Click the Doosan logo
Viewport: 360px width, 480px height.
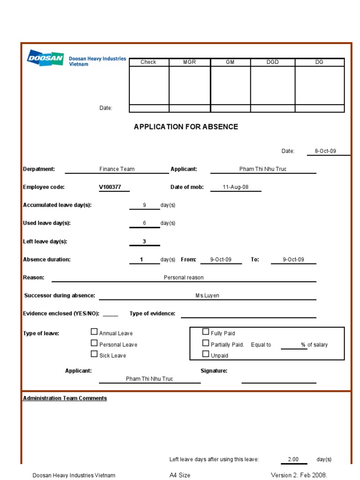pyautogui.click(x=45, y=58)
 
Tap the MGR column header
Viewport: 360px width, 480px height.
pyautogui.click(x=189, y=62)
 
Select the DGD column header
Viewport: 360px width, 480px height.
pyautogui.click(x=272, y=62)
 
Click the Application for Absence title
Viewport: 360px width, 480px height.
pyautogui.click(x=186, y=127)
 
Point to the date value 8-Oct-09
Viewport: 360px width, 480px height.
pyautogui.click(x=325, y=151)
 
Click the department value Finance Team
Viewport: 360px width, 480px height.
pyautogui.click(x=117, y=169)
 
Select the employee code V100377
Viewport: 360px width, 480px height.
pyautogui.click(x=110, y=187)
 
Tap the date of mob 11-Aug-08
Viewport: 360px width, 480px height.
pyautogui.click(x=235, y=187)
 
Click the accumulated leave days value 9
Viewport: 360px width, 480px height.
pyautogui.click(x=144, y=205)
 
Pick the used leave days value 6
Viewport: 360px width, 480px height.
pyautogui.click(x=144, y=223)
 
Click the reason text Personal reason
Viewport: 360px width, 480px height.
pyautogui.click(x=184, y=277)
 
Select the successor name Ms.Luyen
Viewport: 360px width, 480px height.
pyautogui.click(x=207, y=296)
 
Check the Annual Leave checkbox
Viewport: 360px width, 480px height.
pyautogui.click(x=94, y=332)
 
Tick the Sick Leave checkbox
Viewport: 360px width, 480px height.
pyautogui.click(x=94, y=354)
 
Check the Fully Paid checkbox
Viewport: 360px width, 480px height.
pyautogui.click(x=206, y=332)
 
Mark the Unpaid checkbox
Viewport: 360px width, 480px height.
pyautogui.click(x=206, y=354)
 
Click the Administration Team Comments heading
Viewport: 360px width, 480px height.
pyautogui.click(x=65, y=398)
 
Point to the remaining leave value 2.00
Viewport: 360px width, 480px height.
pyautogui.click(x=292, y=459)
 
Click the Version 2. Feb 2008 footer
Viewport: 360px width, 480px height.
pyautogui.click(x=299, y=475)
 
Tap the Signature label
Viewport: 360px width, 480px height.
pyautogui.click(x=214, y=371)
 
